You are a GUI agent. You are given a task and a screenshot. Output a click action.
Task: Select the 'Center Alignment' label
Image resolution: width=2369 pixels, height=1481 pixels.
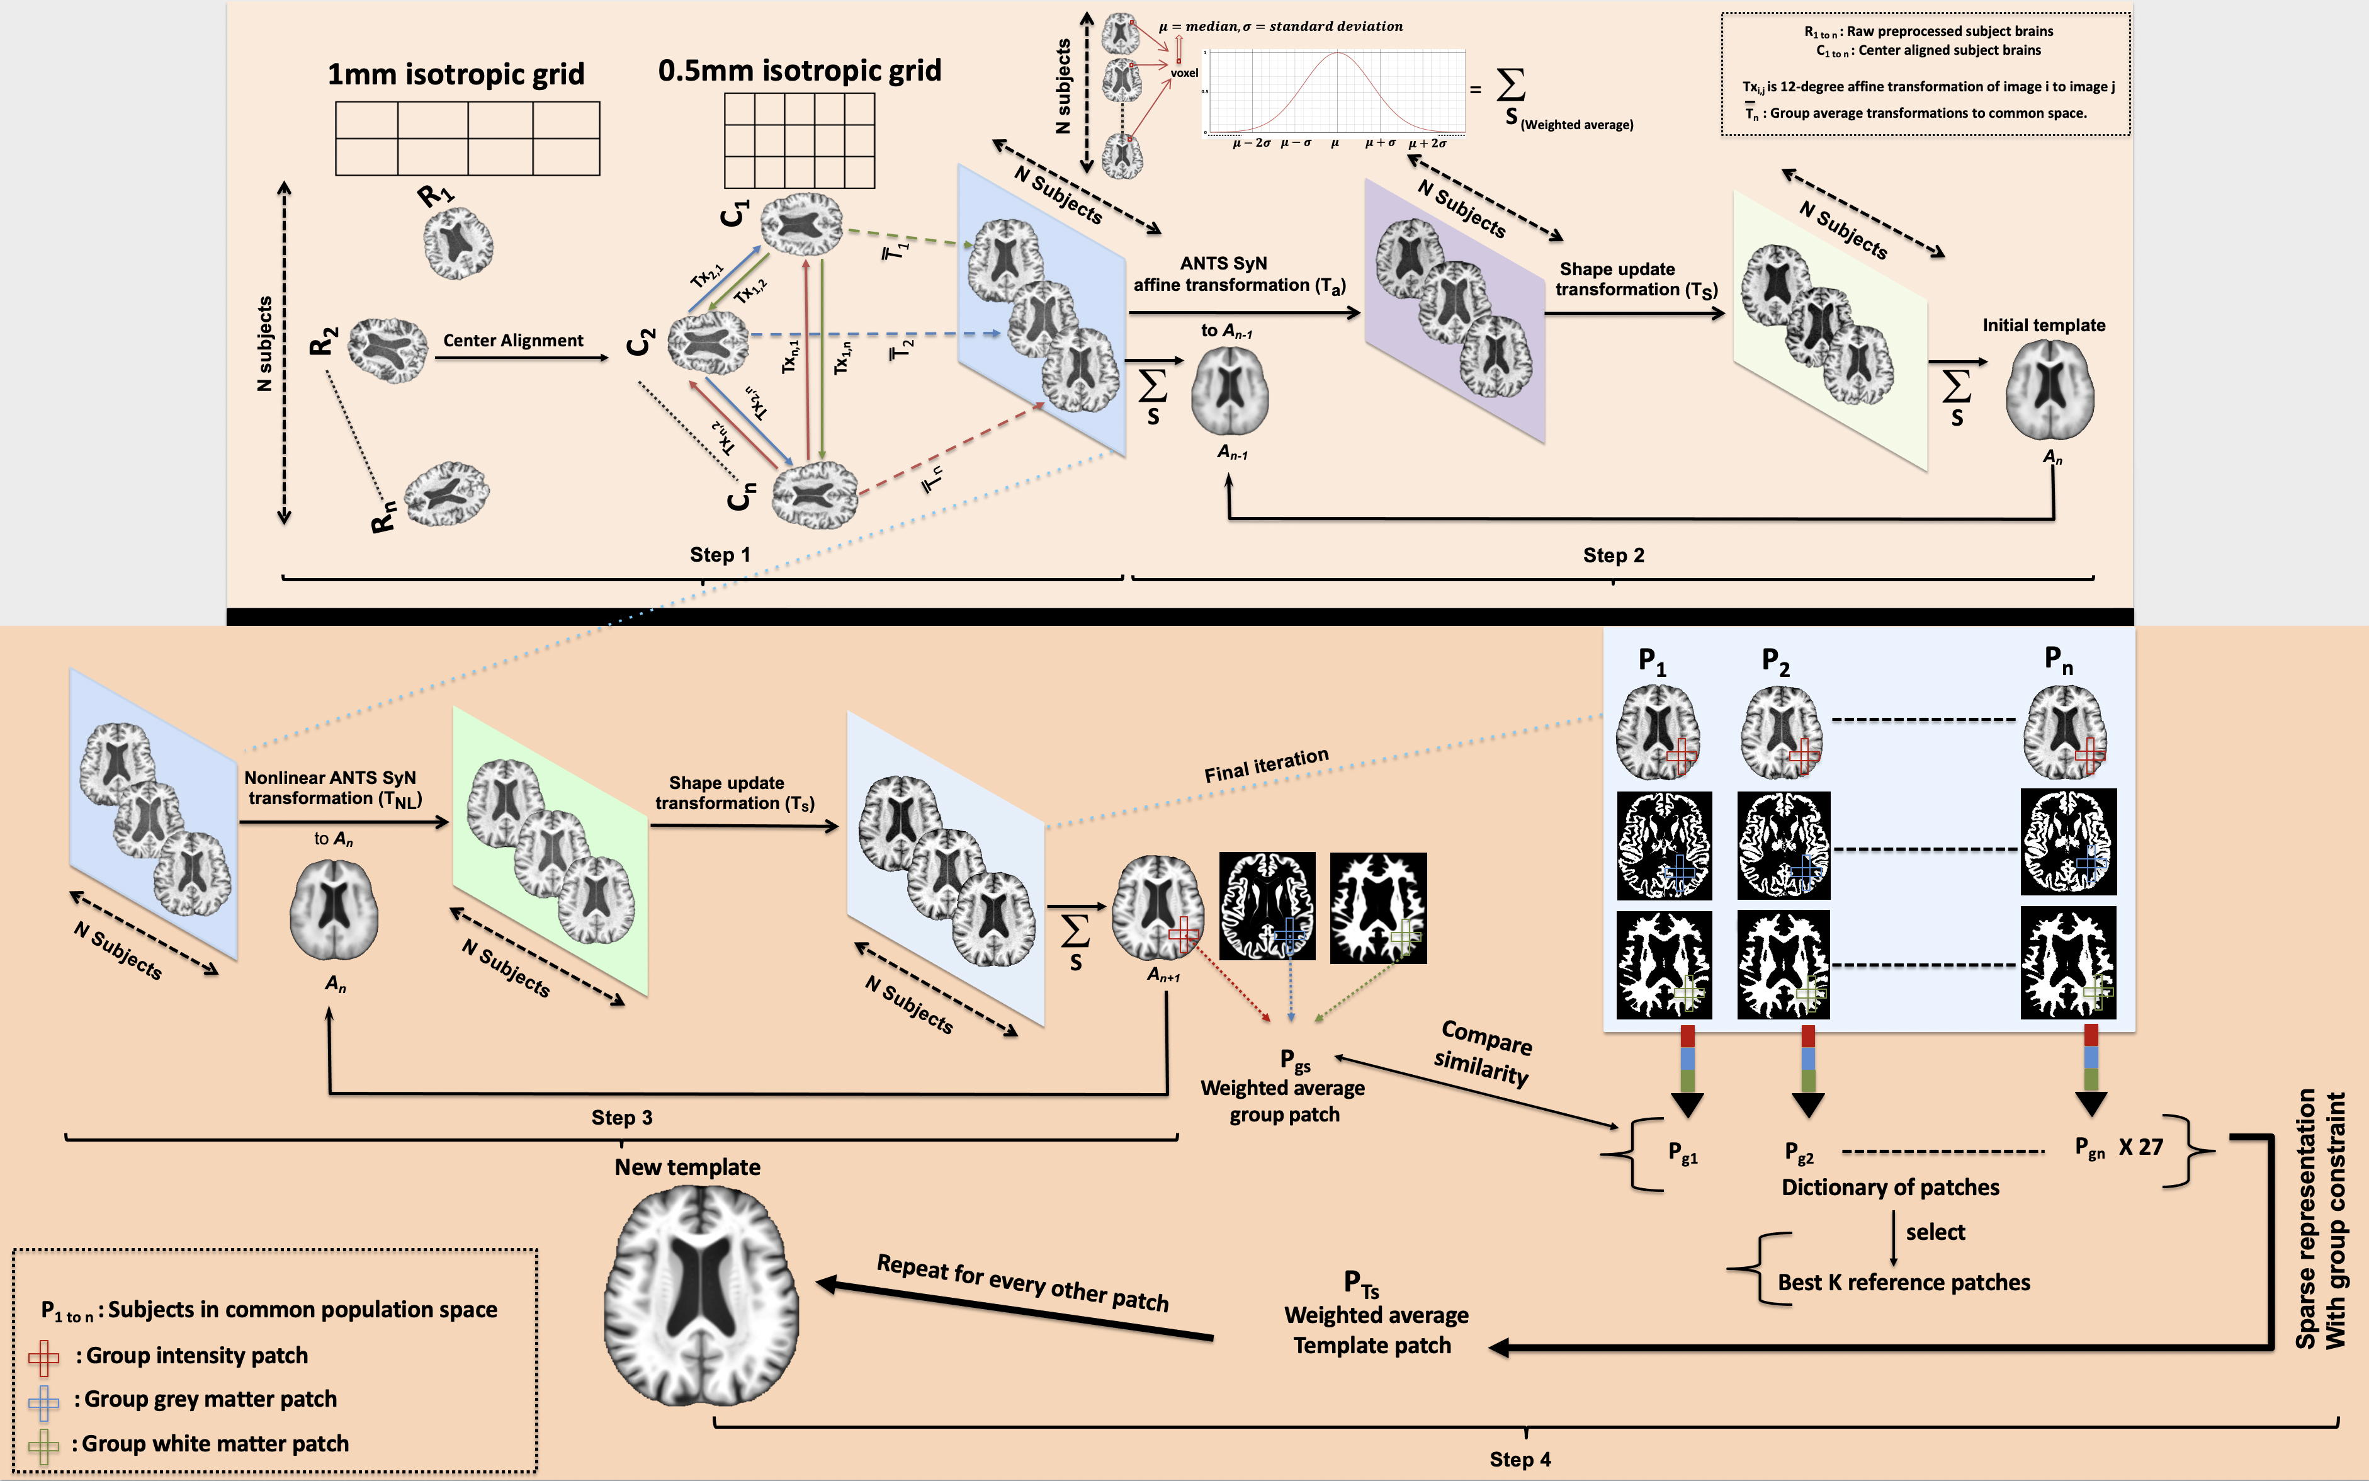513,341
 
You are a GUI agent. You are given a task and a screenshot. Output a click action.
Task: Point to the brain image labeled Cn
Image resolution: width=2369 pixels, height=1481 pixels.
814,495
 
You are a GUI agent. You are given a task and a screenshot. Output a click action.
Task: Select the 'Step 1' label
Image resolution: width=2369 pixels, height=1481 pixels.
720,554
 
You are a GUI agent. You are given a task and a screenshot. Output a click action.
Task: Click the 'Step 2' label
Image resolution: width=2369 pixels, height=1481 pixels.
1613,555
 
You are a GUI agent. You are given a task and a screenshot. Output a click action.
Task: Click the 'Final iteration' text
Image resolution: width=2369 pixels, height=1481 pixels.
1266,765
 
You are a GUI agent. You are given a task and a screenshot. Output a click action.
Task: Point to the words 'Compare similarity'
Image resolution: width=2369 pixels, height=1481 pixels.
1484,1052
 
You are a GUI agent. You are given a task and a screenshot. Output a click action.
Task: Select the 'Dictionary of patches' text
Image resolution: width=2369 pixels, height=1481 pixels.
1889,1187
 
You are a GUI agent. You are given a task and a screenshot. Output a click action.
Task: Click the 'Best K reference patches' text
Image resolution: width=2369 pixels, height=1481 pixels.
1903,1282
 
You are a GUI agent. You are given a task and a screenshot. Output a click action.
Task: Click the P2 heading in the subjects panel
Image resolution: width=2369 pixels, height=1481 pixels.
1775,662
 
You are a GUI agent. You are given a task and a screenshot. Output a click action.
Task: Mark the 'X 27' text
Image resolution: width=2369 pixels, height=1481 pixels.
2141,1147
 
